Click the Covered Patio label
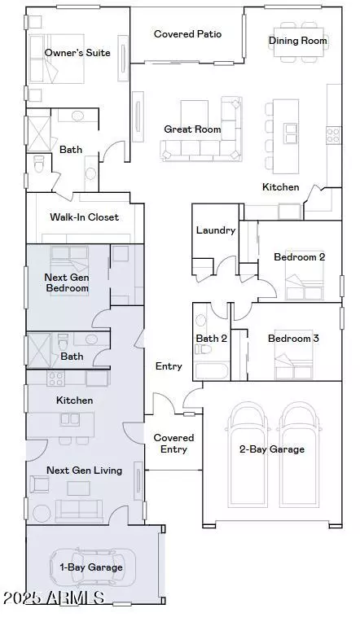187,34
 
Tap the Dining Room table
298,42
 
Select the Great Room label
192,129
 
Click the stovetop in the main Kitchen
334,135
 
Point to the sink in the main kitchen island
291,134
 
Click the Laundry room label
216,230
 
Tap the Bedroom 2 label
299,257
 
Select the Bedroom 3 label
293,339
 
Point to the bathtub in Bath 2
212,371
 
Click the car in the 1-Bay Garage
93,567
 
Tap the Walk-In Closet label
85,217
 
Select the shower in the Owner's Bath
39,134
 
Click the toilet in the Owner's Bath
38,164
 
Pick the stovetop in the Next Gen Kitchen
56,379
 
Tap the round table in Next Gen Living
42,514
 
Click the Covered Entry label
173,444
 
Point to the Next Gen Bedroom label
67,282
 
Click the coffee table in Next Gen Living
78,488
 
